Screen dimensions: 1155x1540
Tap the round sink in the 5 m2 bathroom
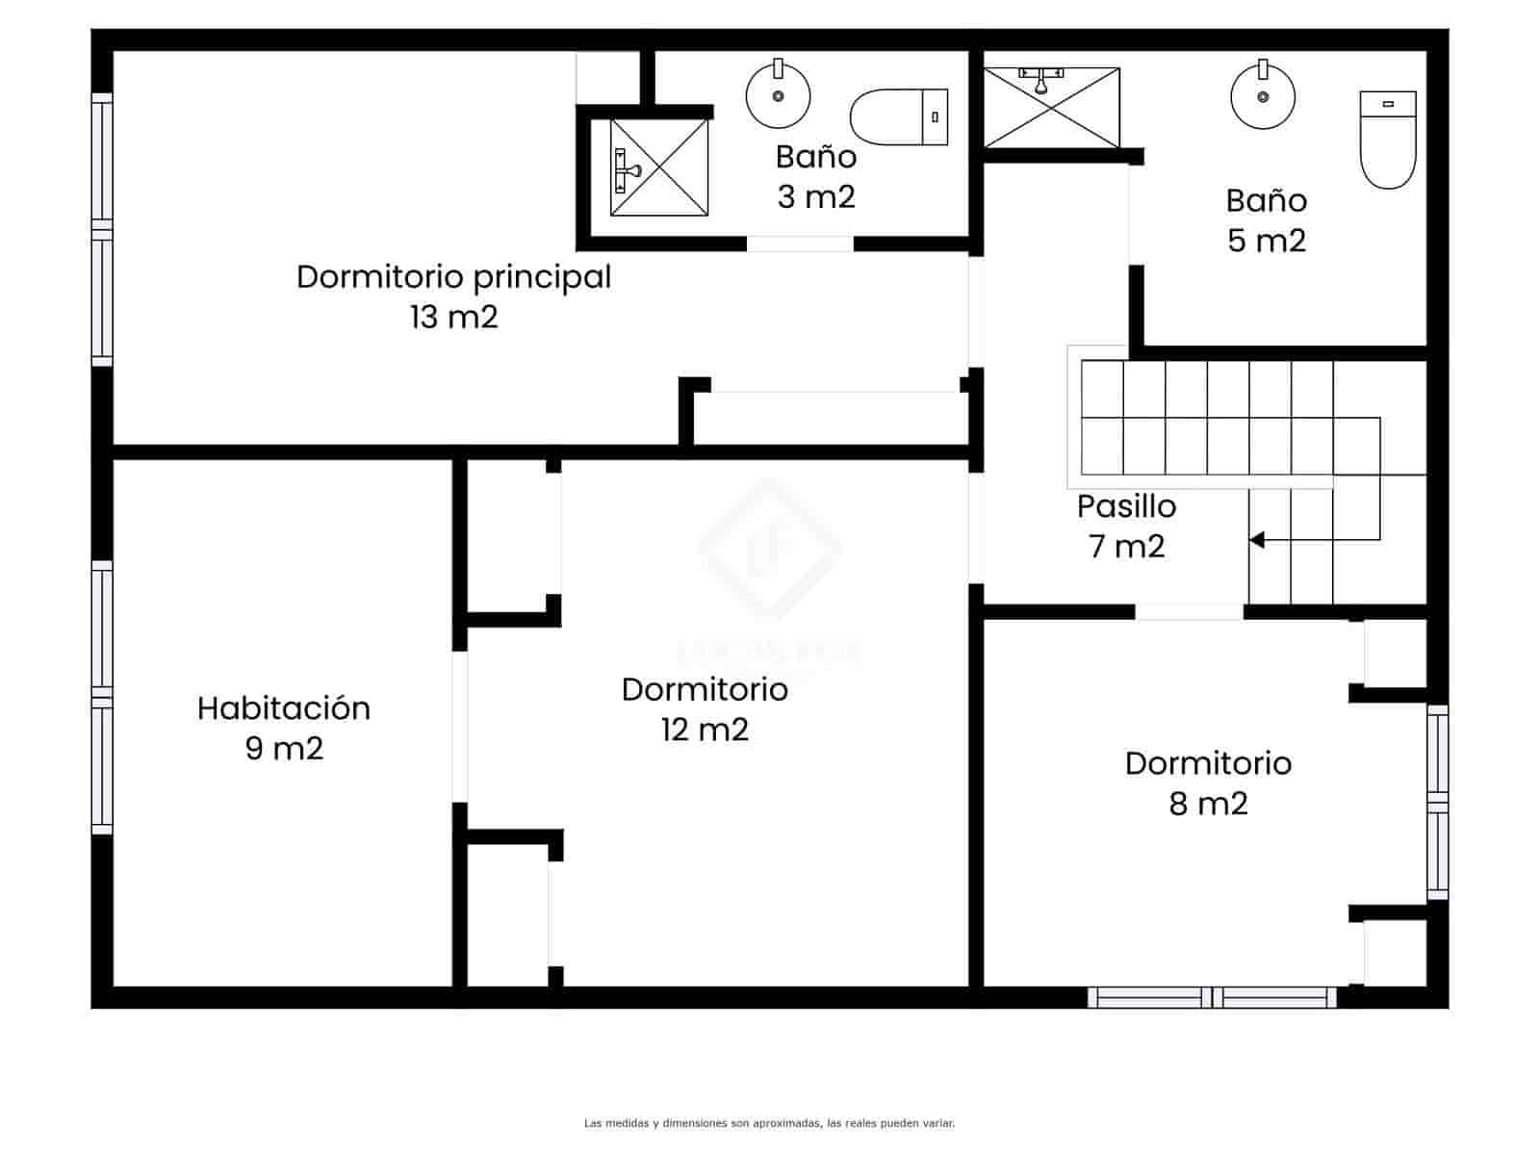point(1263,96)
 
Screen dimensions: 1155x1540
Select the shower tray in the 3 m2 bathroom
point(659,167)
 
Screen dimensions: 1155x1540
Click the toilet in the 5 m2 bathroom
point(1387,141)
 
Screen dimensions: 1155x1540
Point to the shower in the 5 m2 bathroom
point(1051,107)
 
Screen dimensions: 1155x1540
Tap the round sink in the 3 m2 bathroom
point(778,95)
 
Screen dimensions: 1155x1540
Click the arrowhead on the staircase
point(1256,540)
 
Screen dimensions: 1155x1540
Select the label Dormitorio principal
point(453,277)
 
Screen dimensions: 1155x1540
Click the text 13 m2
point(453,318)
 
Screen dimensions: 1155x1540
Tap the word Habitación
point(284,708)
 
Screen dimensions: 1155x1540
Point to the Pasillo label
point(1126,506)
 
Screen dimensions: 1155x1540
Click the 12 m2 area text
point(705,730)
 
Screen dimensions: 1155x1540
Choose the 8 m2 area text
point(1208,804)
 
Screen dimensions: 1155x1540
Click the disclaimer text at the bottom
point(769,1122)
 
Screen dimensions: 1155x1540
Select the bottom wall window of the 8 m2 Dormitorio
point(1212,997)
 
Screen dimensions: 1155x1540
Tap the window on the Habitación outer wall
point(102,697)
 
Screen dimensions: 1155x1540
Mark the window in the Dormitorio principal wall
point(102,229)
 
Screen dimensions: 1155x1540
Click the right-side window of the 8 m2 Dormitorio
point(1437,802)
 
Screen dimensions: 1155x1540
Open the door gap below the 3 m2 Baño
point(800,244)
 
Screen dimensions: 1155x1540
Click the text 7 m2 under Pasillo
point(1126,547)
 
